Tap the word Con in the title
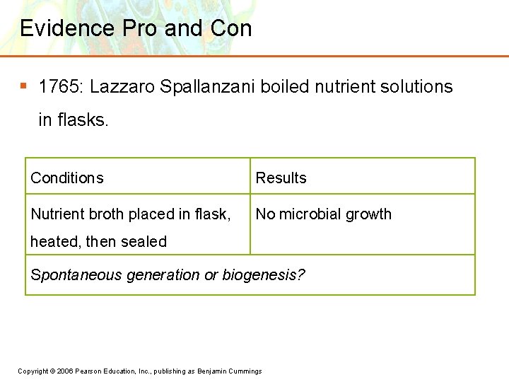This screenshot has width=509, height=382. (231, 28)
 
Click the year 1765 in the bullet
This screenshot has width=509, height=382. (59, 87)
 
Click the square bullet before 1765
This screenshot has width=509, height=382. (23, 86)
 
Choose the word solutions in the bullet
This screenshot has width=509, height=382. (414, 87)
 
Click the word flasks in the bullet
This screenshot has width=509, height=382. (82, 120)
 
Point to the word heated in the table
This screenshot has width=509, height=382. (55, 242)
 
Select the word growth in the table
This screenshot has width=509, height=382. (367, 214)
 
